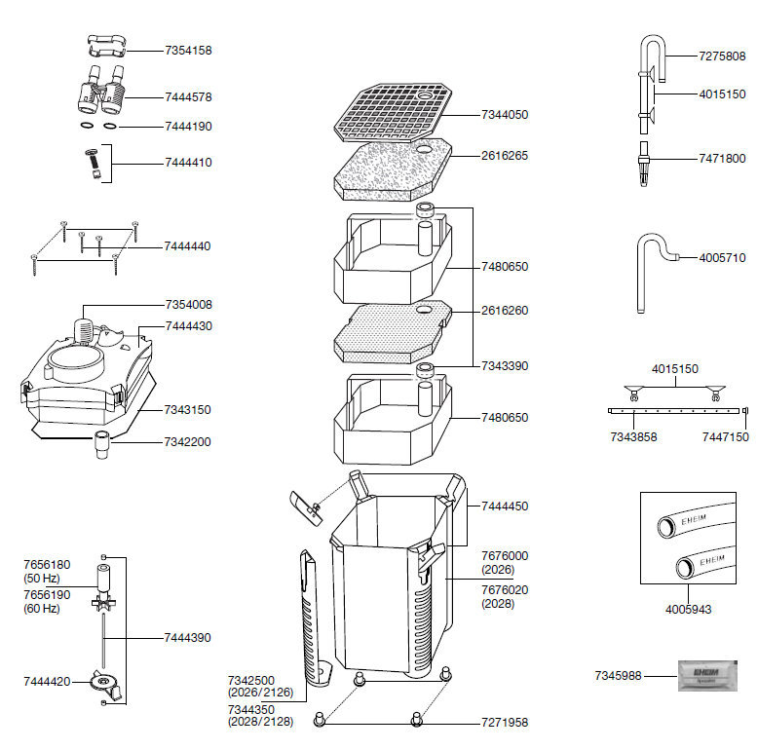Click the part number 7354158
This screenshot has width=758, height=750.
188,49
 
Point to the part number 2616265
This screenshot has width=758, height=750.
505,155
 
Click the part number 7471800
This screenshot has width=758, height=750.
722,158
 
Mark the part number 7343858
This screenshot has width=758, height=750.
633,437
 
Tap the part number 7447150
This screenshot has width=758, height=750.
725,437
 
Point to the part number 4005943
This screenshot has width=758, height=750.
688,610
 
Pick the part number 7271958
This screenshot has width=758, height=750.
505,723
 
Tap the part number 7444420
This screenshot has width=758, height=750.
47,681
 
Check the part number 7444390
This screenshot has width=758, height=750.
188,638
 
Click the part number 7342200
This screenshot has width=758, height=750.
188,442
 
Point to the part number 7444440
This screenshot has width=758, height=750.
188,246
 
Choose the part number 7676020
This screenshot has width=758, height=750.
505,589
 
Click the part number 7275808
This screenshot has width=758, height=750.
722,56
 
